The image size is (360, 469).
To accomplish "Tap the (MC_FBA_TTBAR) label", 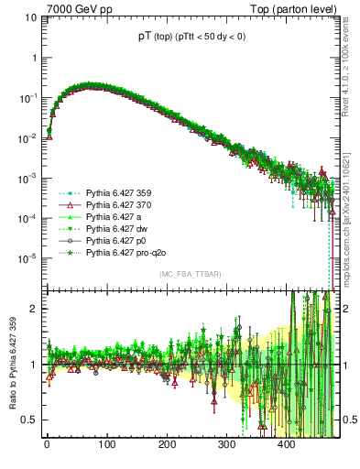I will tap(190, 274).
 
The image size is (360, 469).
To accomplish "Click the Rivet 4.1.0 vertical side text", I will tap(350, 73).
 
